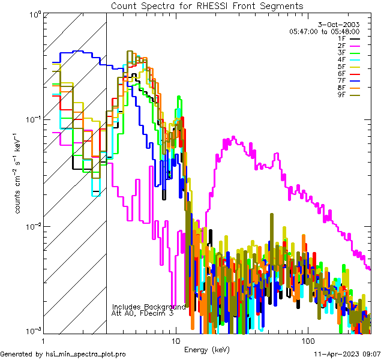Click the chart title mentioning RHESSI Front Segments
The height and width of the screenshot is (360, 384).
(208, 5)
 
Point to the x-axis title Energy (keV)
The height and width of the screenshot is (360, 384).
(207, 349)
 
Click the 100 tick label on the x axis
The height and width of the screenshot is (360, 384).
(307, 340)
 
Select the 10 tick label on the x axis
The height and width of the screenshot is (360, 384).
(175, 340)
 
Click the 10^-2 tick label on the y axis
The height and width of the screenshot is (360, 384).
(31, 226)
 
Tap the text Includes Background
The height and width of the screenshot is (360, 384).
(149, 307)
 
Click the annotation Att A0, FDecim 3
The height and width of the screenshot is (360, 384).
(143, 313)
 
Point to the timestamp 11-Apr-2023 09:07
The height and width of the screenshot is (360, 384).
(347, 354)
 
